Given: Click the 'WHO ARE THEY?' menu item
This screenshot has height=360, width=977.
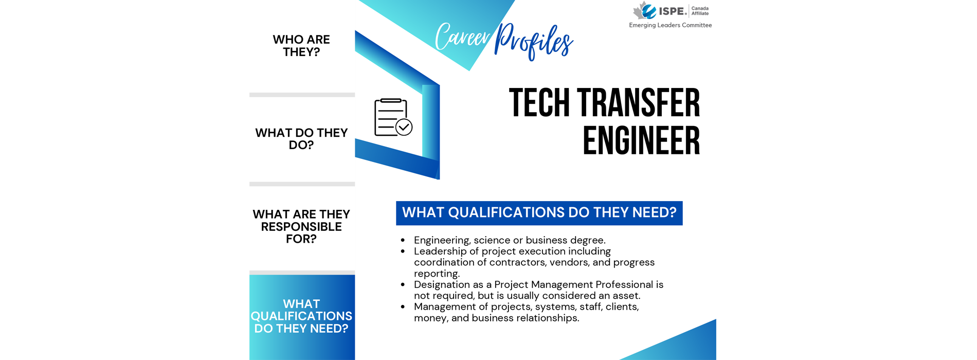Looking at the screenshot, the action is (x=301, y=46).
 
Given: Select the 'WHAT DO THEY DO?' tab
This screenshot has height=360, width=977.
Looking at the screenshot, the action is (x=301, y=139).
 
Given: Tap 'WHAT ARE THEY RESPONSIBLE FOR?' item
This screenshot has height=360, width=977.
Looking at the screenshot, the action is (x=301, y=226).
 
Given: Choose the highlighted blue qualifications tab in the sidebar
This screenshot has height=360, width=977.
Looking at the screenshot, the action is (x=302, y=317).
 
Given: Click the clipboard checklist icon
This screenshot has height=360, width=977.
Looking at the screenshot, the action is (x=393, y=117).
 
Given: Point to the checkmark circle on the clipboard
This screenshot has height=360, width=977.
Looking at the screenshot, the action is (x=404, y=127).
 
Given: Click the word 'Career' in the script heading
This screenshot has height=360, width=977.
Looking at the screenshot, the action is (x=462, y=37).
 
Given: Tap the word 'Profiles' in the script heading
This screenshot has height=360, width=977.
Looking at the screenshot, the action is (x=533, y=41).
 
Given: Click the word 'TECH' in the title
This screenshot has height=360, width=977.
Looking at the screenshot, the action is (x=539, y=103).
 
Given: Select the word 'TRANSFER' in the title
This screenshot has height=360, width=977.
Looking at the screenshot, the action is (x=639, y=103).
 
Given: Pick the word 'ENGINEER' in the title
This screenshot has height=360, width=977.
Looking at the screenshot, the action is (x=641, y=140).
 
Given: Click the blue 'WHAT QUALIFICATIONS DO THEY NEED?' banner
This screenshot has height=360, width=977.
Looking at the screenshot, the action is (x=539, y=213).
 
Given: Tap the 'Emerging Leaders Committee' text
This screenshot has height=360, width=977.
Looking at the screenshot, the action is (x=671, y=25).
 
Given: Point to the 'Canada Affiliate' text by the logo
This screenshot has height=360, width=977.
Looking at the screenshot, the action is (x=700, y=11).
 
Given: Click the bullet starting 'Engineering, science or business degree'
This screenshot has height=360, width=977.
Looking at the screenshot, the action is (x=510, y=240).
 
